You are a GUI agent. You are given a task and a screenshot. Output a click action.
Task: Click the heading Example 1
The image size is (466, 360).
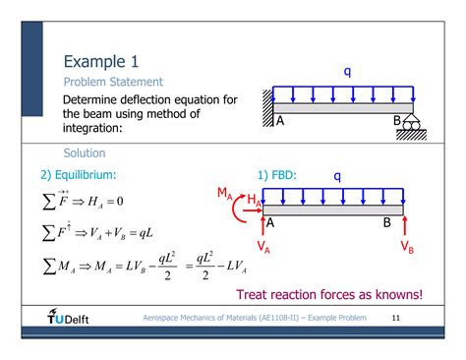coord(107,62)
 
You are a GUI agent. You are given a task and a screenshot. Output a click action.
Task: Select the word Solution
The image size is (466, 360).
coord(85,153)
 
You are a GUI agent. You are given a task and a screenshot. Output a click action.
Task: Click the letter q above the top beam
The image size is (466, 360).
coord(347,71)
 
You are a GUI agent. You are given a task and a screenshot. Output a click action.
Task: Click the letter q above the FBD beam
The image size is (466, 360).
coord(337,176)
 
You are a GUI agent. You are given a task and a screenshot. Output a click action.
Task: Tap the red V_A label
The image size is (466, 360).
coord(264,246)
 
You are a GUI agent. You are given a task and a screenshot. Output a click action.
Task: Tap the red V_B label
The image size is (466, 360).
coord(407,247)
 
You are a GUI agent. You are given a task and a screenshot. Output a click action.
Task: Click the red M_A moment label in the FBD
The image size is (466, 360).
coord(224,194)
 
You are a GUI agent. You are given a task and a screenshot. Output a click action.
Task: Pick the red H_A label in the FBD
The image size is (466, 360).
coord(253,201)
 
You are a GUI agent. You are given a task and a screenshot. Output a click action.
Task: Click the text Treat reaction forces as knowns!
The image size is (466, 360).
coord(329,294)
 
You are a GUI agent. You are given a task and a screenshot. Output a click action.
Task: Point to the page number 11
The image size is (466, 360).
coord(397,319)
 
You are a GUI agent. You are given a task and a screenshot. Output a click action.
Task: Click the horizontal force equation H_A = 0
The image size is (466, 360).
coord(87,203)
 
